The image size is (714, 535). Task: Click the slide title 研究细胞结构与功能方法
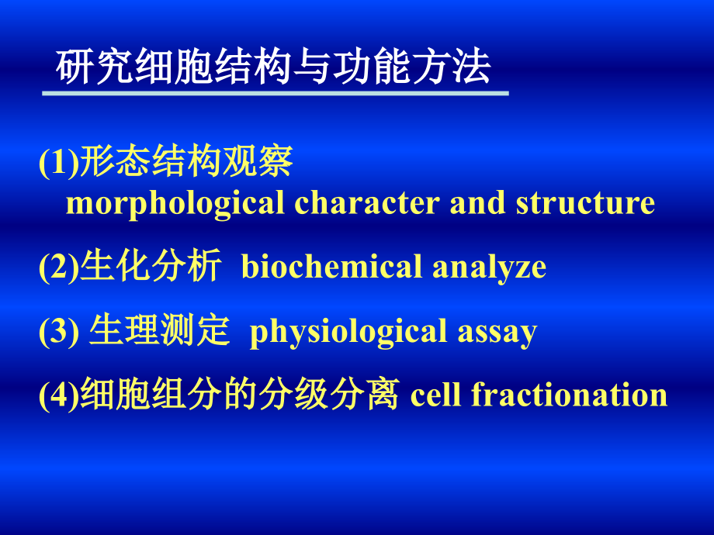click(273, 68)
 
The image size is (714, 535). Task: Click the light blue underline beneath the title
click(275, 94)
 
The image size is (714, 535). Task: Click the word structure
click(585, 204)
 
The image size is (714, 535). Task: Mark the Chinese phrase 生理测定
click(160, 332)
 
